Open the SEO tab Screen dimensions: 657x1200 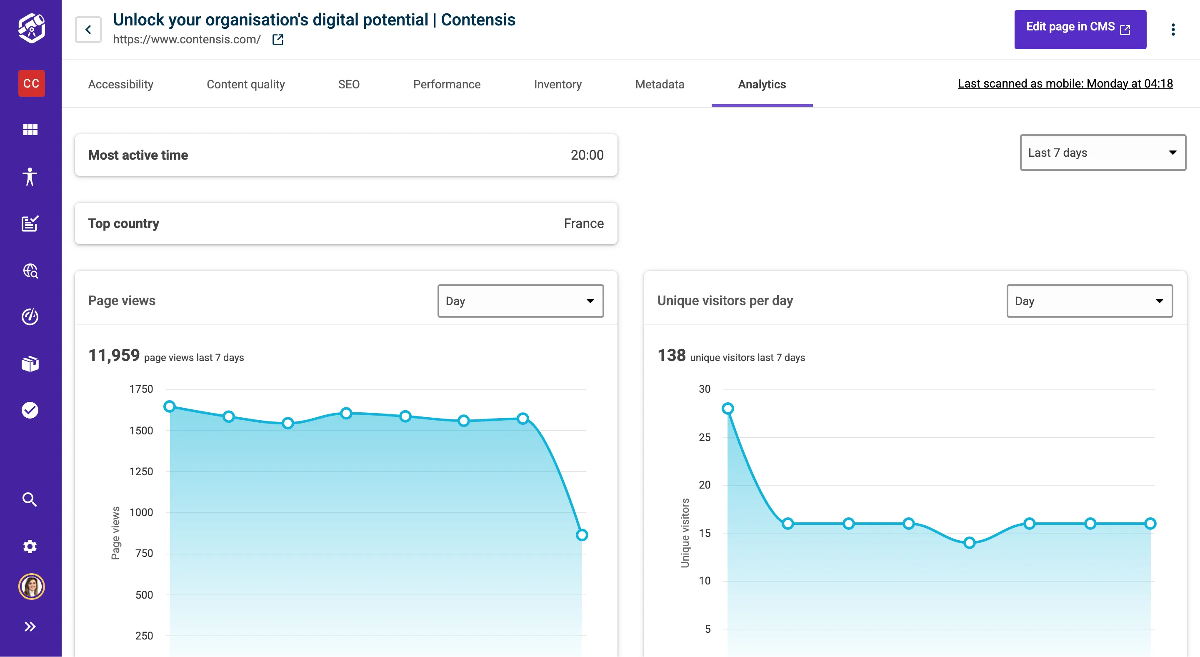click(x=348, y=84)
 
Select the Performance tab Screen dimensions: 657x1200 click(x=446, y=84)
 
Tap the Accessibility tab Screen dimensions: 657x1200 click(x=121, y=84)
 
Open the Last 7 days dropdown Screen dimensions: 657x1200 click(x=1102, y=153)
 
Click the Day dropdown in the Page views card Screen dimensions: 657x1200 click(x=520, y=301)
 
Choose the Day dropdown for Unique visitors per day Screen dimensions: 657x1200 click(x=1089, y=301)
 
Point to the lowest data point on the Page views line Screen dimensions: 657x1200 click(x=581, y=535)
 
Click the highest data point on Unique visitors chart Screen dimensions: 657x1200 click(x=727, y=409)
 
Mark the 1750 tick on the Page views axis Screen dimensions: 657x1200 click(x=141, y=389)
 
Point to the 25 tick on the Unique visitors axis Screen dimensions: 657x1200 click(x=704, y=437)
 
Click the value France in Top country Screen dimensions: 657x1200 click(x=583, y=224)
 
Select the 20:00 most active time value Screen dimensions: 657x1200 click(x=587, y=155)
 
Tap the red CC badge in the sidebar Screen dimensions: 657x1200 click(x=31, y=83)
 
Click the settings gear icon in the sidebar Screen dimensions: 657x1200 click(x=30, y=546)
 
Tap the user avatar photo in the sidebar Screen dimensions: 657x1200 click(x=31, y=586)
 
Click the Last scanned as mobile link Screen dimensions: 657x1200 click(x=1065, y=84)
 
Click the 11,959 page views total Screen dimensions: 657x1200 click(x=114, y=356)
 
